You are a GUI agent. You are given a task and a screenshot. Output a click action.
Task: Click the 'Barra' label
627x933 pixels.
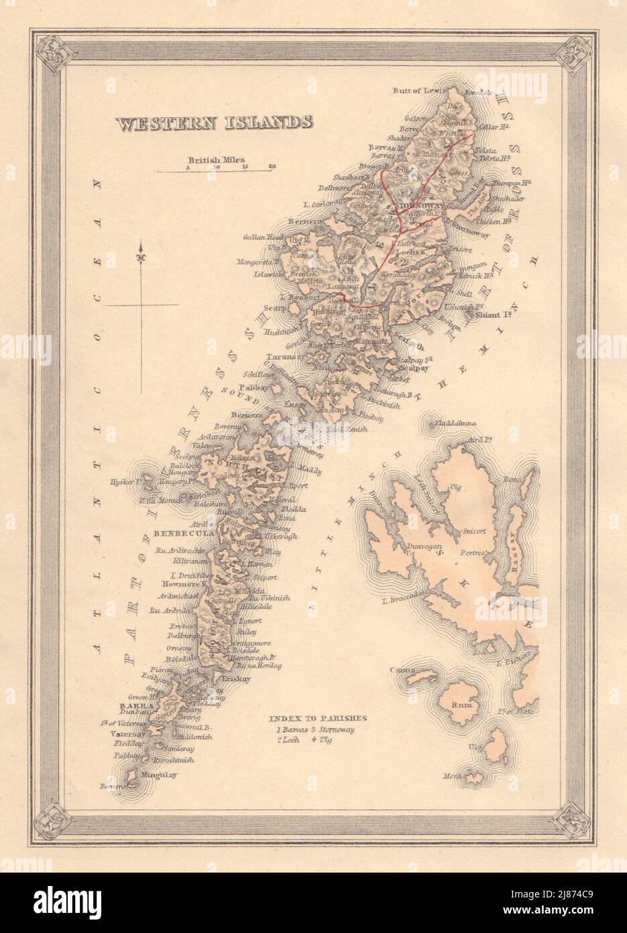click(x=127, y=706)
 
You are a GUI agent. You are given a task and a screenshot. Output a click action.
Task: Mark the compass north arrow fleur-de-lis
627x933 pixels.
click(x=141, y=256)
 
